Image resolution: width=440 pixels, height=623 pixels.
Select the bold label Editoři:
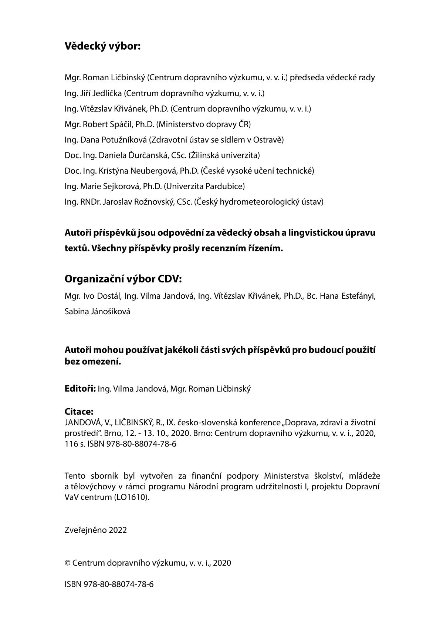80,389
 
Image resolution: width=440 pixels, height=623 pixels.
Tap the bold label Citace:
79,412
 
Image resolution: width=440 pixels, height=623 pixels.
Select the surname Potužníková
126,140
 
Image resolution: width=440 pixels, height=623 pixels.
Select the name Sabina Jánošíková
97,312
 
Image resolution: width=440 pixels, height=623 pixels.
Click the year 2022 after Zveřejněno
118,530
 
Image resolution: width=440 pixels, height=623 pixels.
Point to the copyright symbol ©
68,563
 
